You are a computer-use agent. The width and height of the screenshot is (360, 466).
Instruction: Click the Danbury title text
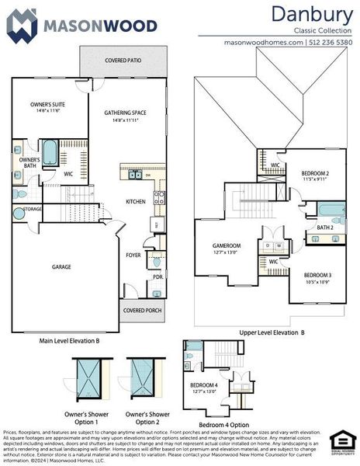click(x=313, y=14)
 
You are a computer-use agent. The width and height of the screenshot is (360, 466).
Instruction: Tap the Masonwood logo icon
click(x=22, y=25)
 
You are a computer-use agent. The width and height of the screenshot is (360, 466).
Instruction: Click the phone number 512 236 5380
click(x=331, y=43)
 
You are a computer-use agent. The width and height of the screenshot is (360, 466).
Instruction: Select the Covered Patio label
click(x=123, y=59)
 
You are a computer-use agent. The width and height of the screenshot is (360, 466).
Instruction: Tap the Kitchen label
click(x=136, y=202)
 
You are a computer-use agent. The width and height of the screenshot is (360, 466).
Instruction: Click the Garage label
click(x=62, y=266)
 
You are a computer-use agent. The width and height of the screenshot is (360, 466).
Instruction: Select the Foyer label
click(x=133, y=254)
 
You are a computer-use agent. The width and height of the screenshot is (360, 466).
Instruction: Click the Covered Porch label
click(x=142, y=311)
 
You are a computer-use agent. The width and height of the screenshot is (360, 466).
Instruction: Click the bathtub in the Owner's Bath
click(x=50, y=152)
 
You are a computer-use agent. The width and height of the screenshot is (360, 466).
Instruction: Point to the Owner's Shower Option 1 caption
click(x=90, y=417)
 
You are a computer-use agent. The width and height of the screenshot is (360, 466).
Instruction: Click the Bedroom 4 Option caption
click(x=224, y=425)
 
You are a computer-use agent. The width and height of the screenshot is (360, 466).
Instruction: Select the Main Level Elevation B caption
click(x=69, y=340)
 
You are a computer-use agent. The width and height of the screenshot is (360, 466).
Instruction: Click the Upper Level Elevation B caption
click(x=272, y=332)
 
